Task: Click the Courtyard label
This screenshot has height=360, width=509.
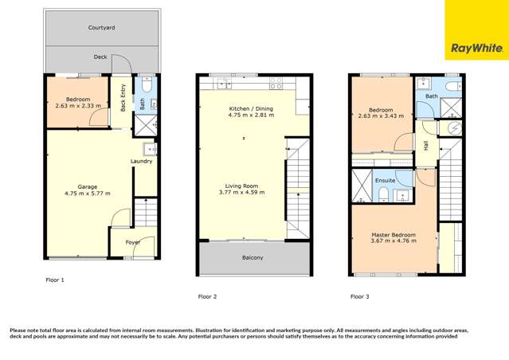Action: [101, 28]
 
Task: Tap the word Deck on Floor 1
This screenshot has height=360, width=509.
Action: [100, 57]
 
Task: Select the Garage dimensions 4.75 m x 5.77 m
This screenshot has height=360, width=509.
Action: [88, 194]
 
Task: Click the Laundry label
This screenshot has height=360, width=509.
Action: [142, 162]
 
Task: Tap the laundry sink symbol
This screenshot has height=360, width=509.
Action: [149, 148]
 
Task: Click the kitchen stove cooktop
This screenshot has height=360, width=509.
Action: [276, 81]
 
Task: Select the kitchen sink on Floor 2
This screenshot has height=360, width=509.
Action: [223, 82]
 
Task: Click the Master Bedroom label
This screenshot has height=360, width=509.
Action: [394, 234]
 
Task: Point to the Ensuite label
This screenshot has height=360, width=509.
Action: [386, 181]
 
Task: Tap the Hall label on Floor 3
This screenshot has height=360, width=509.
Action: [426, 146]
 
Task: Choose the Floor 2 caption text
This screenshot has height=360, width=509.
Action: [207, 296]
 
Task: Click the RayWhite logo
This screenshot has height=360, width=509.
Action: [476, 49]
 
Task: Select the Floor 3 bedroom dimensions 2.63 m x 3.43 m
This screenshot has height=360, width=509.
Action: [380, 115]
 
